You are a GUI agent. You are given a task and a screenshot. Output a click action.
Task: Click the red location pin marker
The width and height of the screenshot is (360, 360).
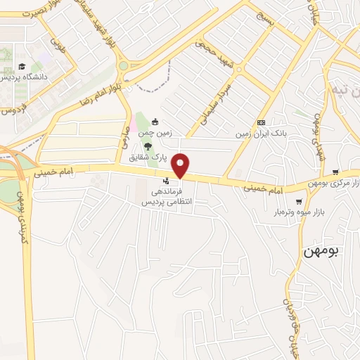pos(181,165)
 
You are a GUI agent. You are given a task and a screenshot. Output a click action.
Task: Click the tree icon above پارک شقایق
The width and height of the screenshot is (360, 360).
pos(148,146)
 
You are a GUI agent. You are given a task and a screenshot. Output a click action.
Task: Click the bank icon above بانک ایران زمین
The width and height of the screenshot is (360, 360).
pos(261,122)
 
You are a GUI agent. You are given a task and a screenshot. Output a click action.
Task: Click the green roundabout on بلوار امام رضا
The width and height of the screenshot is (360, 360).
pos(123,65)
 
